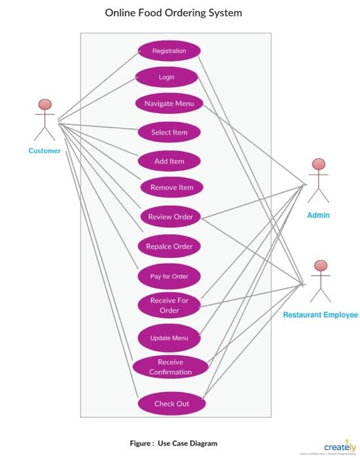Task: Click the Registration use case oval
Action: point(169,51)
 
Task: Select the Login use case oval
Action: point(166,77)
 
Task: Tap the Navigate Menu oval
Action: point(169,103)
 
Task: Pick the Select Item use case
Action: point(169,132)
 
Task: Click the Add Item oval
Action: point(169,161)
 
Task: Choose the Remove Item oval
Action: point(171,187)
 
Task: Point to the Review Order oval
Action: point(170,217)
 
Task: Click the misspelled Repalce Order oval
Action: point(169,247)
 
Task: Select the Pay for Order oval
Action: point(169,276)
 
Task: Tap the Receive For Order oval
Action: point(169,305)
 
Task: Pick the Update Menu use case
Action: point(169,338)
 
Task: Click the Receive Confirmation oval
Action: point(170,366)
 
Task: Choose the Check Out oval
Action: point(171,404)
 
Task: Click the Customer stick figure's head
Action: point(45,105)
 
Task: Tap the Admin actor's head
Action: point(318,164)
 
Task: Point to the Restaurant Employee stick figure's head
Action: point(320,266)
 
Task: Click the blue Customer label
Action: point(45,150)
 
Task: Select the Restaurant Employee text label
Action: point(320,315)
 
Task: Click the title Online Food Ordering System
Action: point(173,12)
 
